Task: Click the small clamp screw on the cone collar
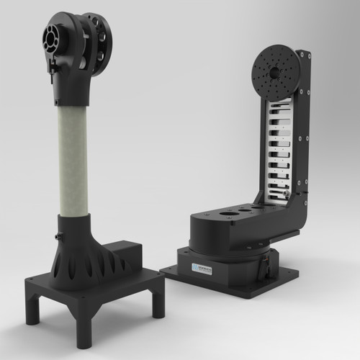[x=55, y=237]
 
